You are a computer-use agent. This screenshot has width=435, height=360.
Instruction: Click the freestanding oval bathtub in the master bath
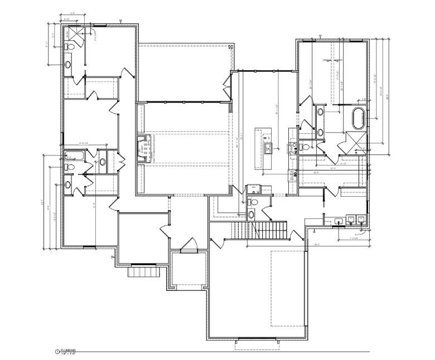(360, 119)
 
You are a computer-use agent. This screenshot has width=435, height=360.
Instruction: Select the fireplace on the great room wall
(144, 149)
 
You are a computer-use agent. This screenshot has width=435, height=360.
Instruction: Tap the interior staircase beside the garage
(259, 230)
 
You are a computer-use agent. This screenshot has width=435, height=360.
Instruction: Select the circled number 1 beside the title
(56, 352)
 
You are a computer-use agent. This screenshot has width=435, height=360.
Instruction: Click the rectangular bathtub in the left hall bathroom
(73, 155)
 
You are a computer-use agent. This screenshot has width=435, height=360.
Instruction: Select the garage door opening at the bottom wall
(257, 339)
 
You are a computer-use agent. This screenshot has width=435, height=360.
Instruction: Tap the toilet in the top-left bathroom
(69, 48)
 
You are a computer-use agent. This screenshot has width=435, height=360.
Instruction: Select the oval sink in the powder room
(251, 214)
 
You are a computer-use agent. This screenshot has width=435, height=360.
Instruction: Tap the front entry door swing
(190, 244)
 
